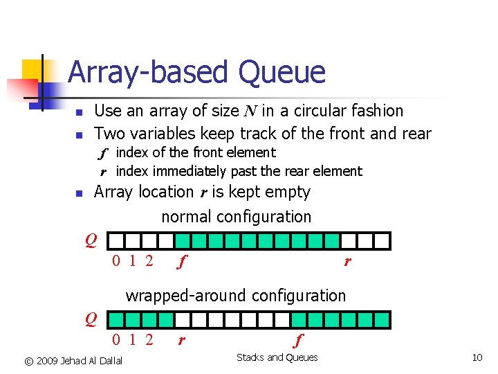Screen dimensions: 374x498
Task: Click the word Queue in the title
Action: pos(282,73)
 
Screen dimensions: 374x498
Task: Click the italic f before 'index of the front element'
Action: pos(103,153)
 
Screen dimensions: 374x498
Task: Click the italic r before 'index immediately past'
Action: pos(103,172)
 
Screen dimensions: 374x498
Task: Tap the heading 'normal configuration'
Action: pos(237,217)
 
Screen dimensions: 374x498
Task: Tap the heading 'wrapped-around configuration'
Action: pos(235,296)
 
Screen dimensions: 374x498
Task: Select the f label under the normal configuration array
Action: pos(182,262)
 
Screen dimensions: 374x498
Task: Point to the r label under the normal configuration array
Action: pos(347,262)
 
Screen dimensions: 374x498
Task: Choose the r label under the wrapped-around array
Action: pos(181,341)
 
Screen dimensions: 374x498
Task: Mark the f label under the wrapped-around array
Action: pos(298,341)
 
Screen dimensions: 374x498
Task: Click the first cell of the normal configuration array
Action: pos(117,241)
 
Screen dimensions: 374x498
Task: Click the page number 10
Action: pos(477,358)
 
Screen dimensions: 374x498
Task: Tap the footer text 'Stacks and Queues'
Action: pos(277,358)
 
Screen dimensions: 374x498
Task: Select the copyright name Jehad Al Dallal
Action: pos(91,361)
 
